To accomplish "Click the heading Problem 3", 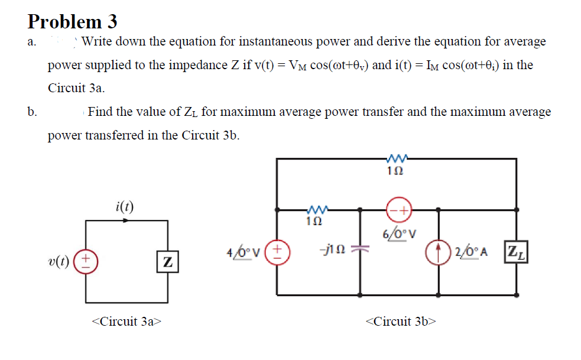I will coord(72,21).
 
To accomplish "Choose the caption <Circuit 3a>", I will coord(126,321).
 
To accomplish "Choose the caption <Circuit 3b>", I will coord(401,321).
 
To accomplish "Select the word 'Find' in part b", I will coord(100,111).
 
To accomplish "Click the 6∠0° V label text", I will coord(400,232).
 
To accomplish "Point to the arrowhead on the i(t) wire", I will coord(126,220).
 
